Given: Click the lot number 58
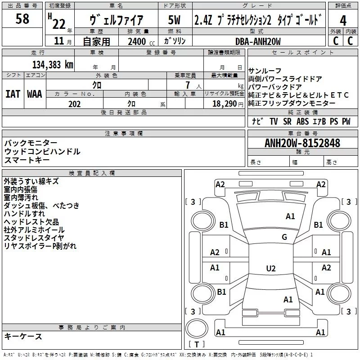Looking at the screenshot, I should [x=22, y=19].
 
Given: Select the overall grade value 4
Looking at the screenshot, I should [x=343, y=21].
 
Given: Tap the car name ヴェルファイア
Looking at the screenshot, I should [x=117, y=20].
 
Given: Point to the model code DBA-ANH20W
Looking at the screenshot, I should [x=258, y=41].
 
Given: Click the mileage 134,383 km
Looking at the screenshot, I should [x=53, y=65].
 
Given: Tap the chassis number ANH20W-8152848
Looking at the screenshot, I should [x=302, y=144].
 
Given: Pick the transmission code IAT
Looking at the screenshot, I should [x=13, y=94].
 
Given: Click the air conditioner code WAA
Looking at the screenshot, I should [x=35, y=94].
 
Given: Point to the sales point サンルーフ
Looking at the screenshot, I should [x=265, y=71].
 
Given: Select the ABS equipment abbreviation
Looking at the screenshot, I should [x=303, y=121].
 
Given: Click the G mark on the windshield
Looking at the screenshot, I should [x=284, y=237].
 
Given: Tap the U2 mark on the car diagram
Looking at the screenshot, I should [x=270, y=269].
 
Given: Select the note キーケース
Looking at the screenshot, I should [x=23, y=337].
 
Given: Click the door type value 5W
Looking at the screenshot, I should [x=175, y=20].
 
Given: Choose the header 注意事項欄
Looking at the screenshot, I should [x=123, y=134].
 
